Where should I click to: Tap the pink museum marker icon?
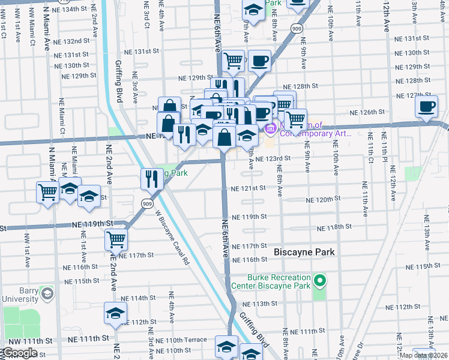click(270, 127)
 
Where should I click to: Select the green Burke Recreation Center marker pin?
click(320, 281)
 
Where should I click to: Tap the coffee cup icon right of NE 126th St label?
click(426, 106)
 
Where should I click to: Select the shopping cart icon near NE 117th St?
click(116, 239)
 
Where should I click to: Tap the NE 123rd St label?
click(273, 158)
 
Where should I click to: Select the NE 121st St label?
click(248, 188)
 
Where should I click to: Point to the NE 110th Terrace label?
click(181, 340)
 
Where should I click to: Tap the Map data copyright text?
click(423, 355)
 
